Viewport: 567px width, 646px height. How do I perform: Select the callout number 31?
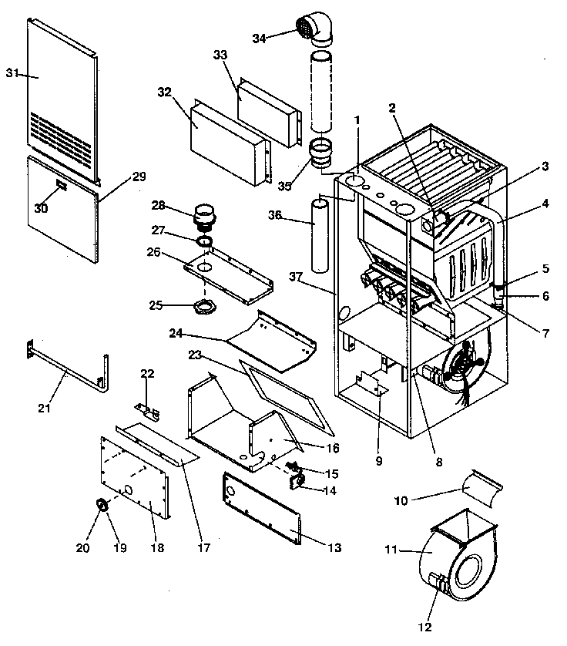[x=12, y=72]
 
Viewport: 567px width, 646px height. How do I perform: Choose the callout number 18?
[x=157, y=548]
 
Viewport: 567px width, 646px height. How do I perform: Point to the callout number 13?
[x=334, y=548]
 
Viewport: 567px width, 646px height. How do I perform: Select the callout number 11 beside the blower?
[x=391, y=549]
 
